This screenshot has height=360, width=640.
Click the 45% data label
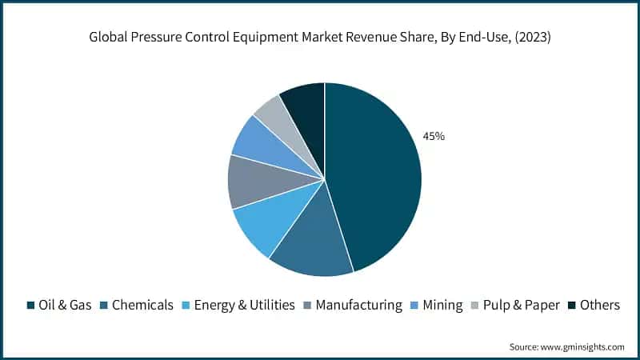pos(434,137)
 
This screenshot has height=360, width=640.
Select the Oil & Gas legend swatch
pos(31,305)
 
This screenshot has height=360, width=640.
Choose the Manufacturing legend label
pos(359,305)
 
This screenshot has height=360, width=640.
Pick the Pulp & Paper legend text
pos(518,305)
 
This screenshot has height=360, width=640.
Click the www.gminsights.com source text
pos(582,346)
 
